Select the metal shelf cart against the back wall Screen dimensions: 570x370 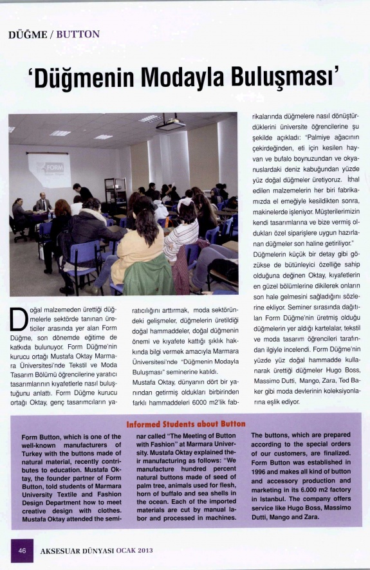click(x=115, y=194)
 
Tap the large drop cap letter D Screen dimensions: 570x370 click(x=20, y=321)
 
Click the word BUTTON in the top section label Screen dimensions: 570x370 click(x=79, y=34)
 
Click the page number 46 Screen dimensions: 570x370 click(x=22, y=551)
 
